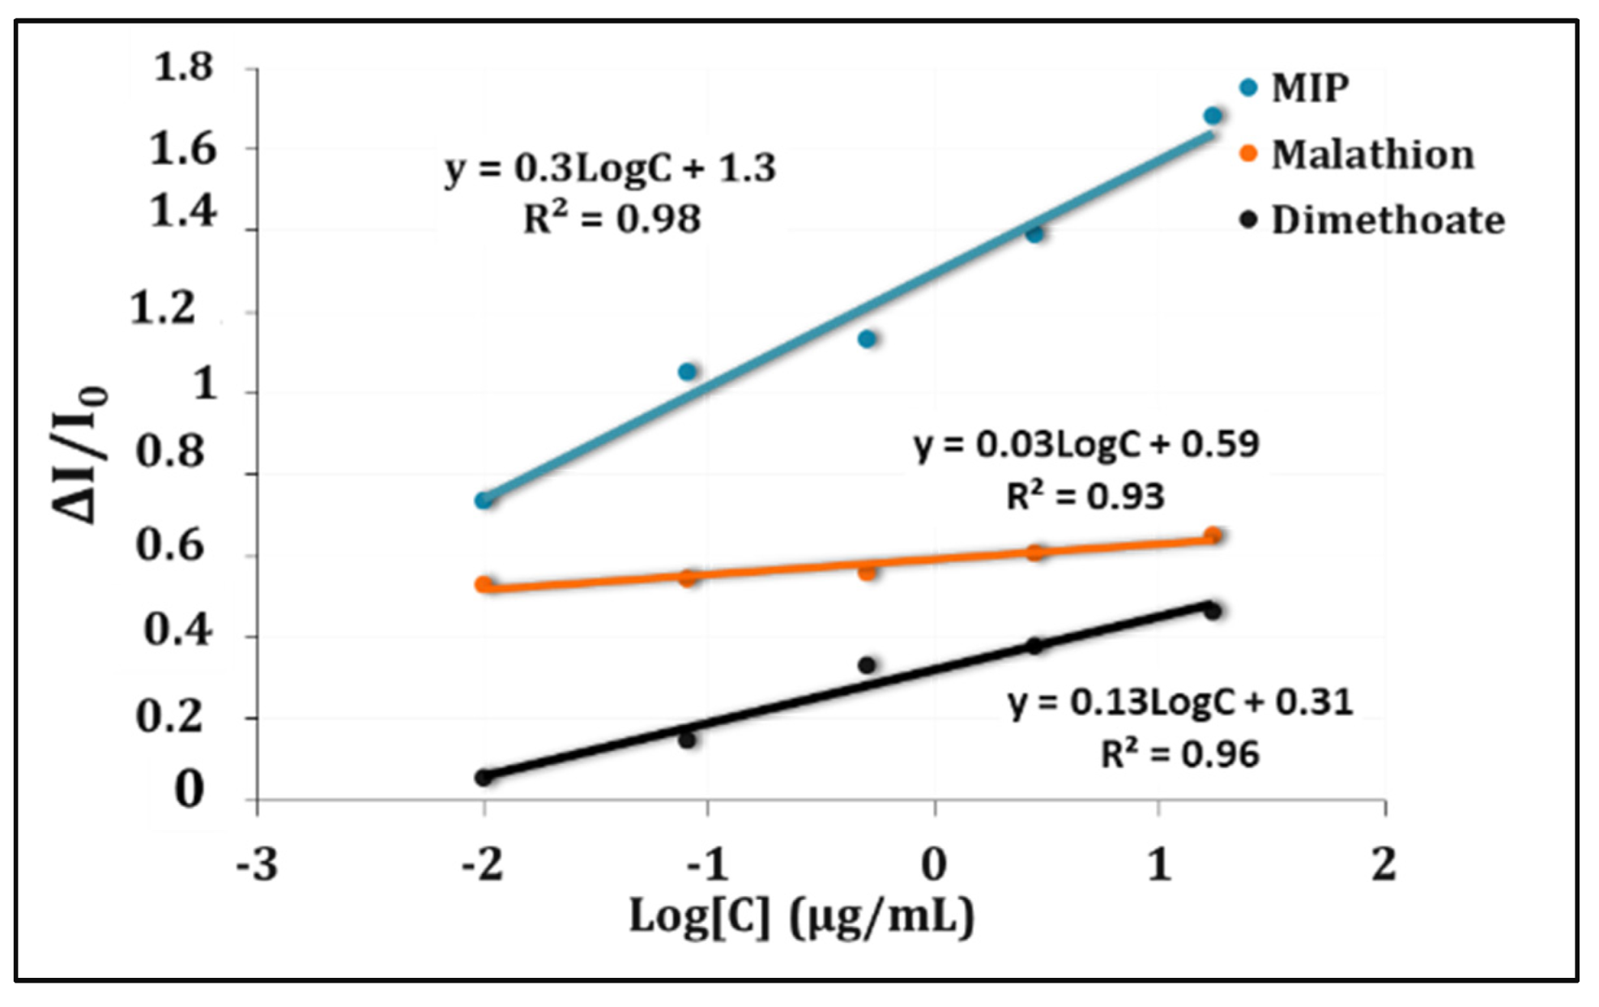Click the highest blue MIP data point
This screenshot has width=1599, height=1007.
(x=1213, y=116)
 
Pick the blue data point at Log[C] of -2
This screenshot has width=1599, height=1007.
(x=484, y=501)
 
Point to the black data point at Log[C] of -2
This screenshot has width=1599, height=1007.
(x=484, y=778)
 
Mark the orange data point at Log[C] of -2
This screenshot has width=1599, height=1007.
(x=484, y=584)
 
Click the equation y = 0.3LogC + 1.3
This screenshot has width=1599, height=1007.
(x=610, y=168)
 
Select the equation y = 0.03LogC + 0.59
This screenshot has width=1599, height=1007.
(x=1086, y=445)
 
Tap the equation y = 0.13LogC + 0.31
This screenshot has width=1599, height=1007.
(x=1180, y=702)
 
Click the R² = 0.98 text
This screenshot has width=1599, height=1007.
(x=612, y=219)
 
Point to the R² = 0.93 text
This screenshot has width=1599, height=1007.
(x=1085, y=496)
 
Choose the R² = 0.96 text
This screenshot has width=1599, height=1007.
(x=1179, y=754)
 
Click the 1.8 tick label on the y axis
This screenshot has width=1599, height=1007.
(x=183, y=67)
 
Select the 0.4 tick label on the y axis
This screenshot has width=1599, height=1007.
(x=179, y=629)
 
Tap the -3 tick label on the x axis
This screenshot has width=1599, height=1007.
(x=257, y=865)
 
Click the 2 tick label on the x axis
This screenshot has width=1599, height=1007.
(x=1384, y=865)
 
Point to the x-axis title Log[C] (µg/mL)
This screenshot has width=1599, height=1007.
(x=801, y=918)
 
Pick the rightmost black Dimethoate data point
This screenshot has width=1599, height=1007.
(x=1213, y=611)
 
